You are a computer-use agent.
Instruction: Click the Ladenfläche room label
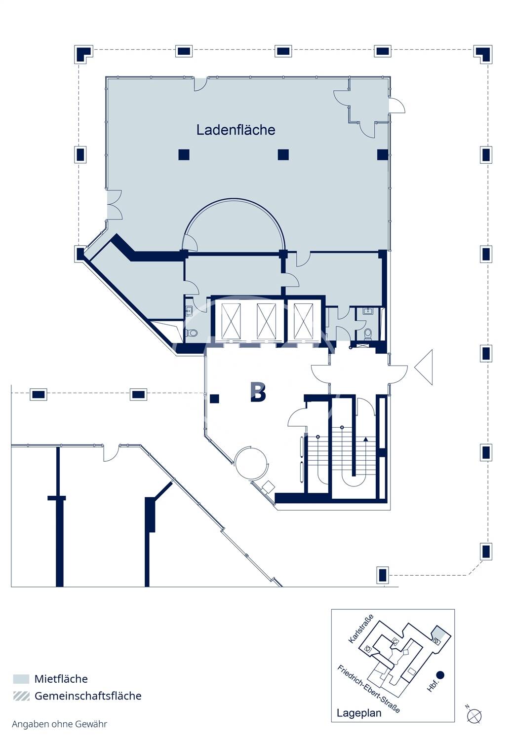[x=236, y=130]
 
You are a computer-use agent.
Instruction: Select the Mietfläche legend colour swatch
[x=21, y=679]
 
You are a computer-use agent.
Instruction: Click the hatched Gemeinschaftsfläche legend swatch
[x=21, y=696]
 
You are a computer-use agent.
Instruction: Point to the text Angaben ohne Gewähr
[x=60, y=724]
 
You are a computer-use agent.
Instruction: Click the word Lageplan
[x=359, y=712]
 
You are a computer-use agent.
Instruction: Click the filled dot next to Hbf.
[x=440, y=675]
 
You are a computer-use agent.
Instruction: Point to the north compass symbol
[x=474, y=716]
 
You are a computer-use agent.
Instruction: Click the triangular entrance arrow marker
[x=424, y=367]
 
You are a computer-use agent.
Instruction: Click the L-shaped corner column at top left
[x=83, y=54]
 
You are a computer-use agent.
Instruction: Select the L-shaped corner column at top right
[x=482, y=54]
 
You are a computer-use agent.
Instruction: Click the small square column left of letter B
[x=214, y=399]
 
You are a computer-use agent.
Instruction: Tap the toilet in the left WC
[x=192, y=332]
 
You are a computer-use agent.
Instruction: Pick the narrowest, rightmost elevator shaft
[x=303, y=321]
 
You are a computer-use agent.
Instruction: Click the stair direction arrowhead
[x=365, y=439]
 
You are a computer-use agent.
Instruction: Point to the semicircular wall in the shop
[x=234, y=199]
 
